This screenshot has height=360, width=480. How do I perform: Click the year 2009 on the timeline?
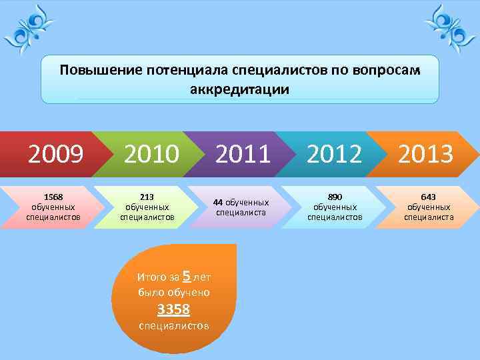(55, 155)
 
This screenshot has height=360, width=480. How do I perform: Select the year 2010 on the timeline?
(151, 155)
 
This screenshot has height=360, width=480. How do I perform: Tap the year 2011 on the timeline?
(243, 155)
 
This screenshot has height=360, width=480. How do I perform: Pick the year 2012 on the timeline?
(335, 155)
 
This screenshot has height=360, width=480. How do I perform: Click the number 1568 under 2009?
(53, 197)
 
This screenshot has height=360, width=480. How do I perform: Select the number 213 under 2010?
(147, 197)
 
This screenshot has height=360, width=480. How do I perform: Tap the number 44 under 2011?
(218, 202)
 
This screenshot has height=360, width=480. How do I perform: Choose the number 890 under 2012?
(335, 197)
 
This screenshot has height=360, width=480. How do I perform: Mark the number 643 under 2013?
(428, 197)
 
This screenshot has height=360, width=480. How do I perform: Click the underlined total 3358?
(173, 309)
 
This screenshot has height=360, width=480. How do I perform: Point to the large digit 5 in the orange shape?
(187, 275)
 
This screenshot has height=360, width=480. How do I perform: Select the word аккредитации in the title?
(241, 89)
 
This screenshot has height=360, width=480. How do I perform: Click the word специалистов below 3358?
(173, 326)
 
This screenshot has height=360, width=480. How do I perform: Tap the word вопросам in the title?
(388, 71)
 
